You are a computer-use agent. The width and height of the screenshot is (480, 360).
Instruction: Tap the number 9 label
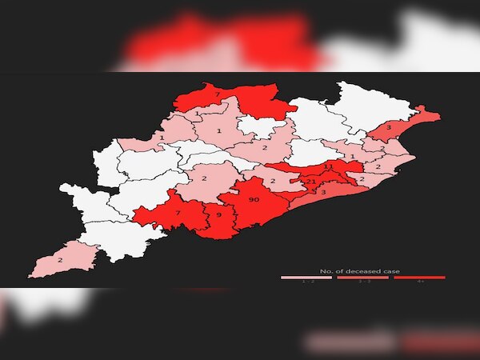point(218,215)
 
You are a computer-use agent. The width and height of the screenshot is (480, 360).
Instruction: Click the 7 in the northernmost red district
point(218,96)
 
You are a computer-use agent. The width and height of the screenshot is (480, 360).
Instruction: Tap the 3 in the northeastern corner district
point(388,127)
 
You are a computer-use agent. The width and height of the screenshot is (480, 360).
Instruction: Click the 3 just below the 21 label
point(322,192)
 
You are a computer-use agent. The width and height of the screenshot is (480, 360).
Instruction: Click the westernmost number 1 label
point(162,138)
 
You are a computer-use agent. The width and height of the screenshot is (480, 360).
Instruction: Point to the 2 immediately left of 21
point(273,181)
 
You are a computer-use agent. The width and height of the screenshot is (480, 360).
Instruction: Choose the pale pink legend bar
point(306,278)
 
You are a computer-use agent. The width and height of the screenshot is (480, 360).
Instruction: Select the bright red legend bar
point(419,278)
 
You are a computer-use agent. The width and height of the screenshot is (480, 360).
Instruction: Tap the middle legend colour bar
point(362,278)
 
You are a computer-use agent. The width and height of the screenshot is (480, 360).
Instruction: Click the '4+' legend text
point(419,282)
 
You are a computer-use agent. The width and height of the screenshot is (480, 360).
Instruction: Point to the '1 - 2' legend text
point(306,282)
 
